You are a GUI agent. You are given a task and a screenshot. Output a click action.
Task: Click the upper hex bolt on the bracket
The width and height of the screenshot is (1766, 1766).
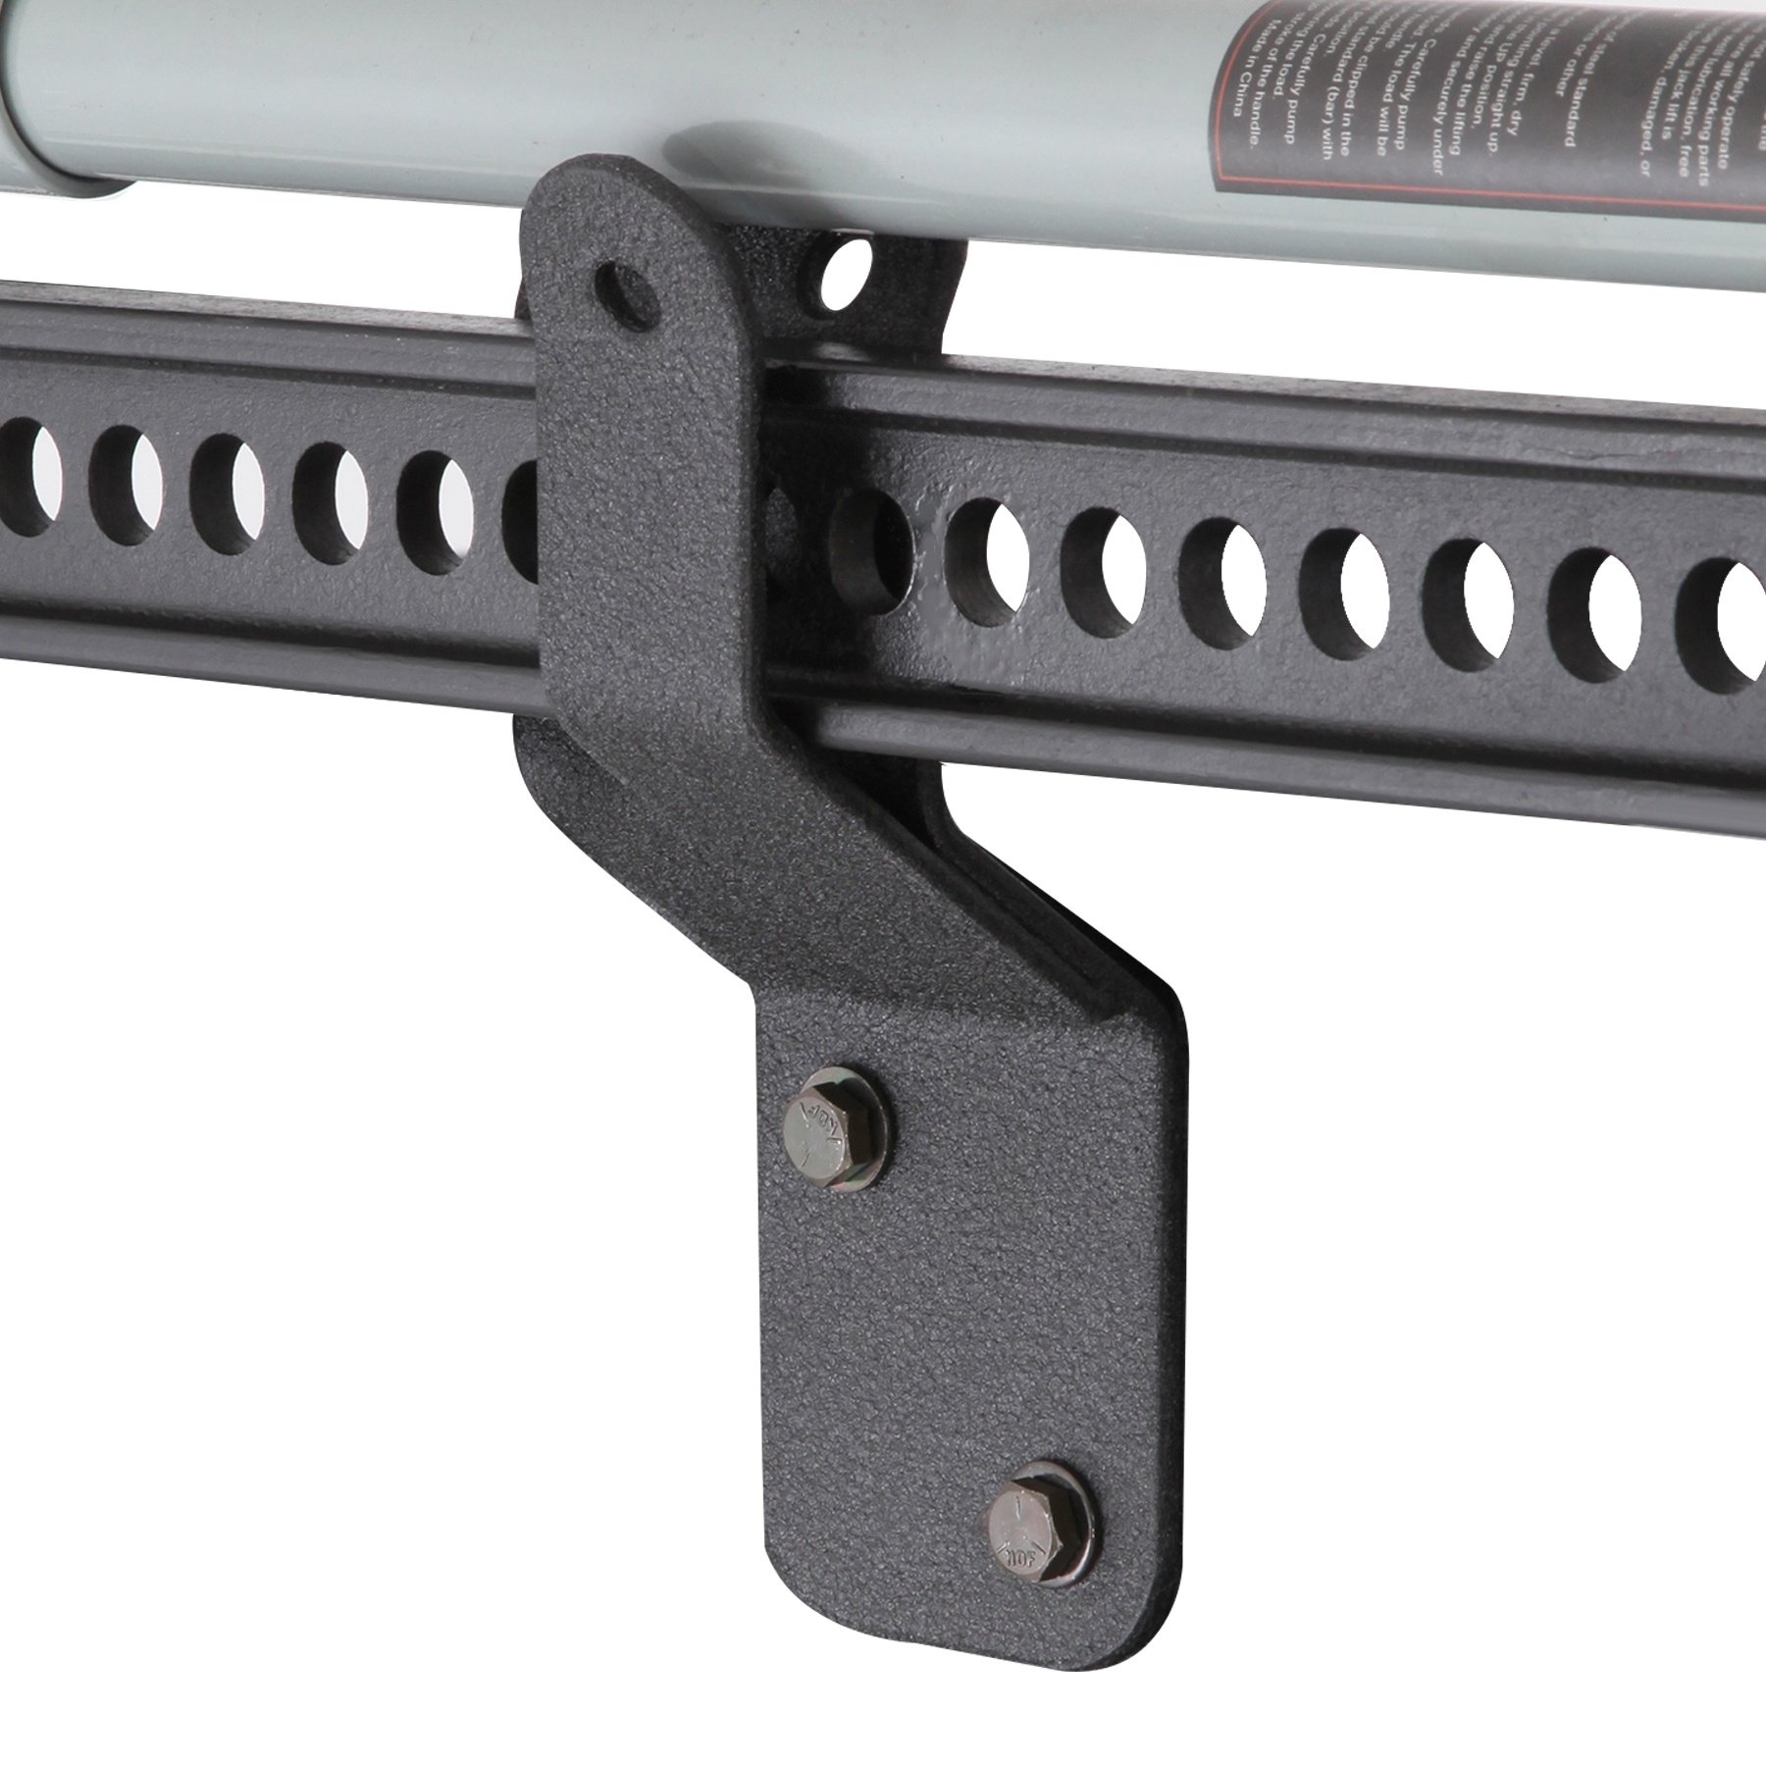(836, 1128)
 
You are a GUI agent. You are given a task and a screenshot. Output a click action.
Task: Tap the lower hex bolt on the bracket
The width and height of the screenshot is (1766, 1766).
(1040, 1529)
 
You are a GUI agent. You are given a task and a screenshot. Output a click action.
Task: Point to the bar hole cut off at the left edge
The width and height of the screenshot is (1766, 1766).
(15, 471)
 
